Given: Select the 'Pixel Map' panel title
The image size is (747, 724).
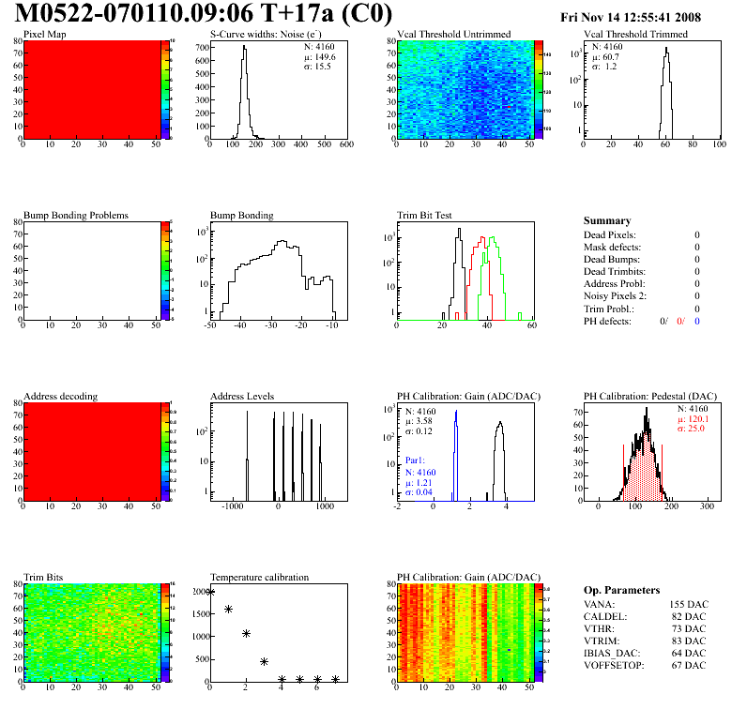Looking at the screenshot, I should pyautogui.click(x=45, y=35).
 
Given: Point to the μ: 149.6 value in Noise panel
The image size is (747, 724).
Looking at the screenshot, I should pyautogui.click(x=319, y=56).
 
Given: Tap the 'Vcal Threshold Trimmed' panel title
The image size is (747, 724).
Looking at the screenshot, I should pyautogui.click(x=635, y=35).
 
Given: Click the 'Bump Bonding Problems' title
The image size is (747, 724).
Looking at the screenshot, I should pyautogui.click(x=76, y=215).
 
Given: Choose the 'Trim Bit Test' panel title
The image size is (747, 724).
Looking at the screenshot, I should pyautogui.click(x=425, y=215).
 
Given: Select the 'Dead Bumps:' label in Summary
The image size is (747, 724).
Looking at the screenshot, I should pyautogui.click(x=611, y=259).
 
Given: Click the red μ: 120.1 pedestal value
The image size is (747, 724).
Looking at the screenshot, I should pyautogui.click(x=695, y=420).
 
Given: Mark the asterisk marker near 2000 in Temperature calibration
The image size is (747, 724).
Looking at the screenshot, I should pyautogui.click(x=210, y=592).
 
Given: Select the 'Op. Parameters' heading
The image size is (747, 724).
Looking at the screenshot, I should pyautogui.click(x=620, y=590).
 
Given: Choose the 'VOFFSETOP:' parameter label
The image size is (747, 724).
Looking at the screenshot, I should pyautogui.click(x=614, y=665).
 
